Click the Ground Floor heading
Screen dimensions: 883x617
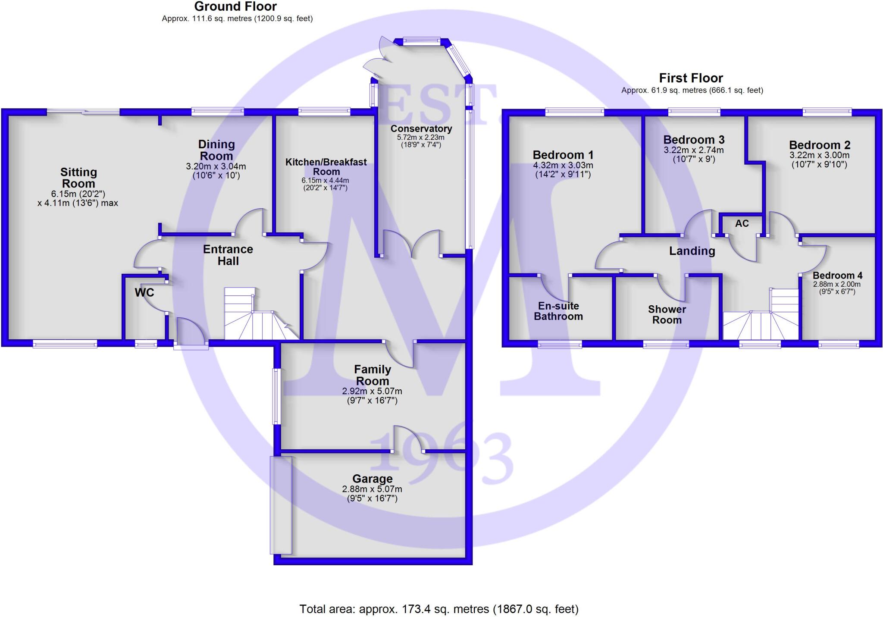pos(235,6)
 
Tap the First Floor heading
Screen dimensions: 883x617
pos(691,78)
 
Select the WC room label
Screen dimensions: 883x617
pos(144,293)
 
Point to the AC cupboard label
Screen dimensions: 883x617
pos(742,223)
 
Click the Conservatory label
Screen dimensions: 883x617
pos(421,128)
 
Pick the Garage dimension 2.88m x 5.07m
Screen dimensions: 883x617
pos(372,489)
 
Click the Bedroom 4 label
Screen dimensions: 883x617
pos(837,276)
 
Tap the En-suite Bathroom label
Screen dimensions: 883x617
pos(558,311)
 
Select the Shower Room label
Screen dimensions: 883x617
pos(667,314)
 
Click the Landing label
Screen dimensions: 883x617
pos(692,251)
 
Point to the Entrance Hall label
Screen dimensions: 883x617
pos(228,255)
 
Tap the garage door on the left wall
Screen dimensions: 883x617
pos(281,504)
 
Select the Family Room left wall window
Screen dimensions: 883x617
pos(276,396)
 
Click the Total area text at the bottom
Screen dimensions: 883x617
pos(439,609)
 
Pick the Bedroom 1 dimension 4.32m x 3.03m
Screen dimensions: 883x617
pos(563,166)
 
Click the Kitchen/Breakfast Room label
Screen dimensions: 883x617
pos(326,166)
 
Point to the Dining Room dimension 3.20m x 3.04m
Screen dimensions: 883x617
pos(216,166)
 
